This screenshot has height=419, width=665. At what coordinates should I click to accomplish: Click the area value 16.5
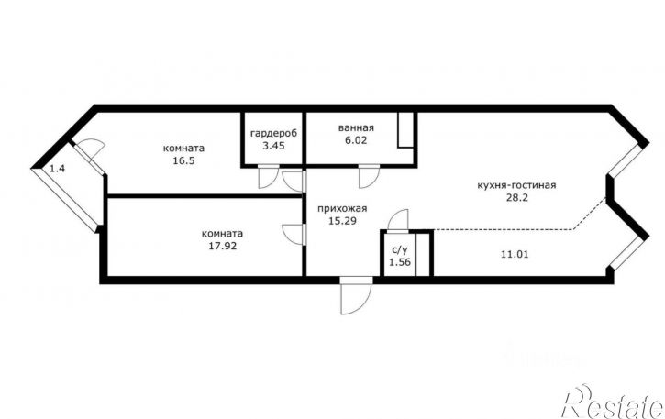point(183,160)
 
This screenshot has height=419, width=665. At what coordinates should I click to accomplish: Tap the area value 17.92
point(223,246)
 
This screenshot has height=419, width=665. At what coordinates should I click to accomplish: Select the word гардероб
point(273,134)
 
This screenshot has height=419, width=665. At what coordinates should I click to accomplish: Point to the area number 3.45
point(273,146)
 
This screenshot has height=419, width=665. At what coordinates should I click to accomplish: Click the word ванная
point(356,127)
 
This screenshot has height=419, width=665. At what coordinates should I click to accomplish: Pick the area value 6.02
point(356,140)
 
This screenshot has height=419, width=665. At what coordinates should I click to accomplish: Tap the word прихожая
point(342,209)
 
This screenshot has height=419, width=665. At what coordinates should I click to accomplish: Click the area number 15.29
point(342,221)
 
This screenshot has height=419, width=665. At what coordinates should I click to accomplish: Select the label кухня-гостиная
point(516,185)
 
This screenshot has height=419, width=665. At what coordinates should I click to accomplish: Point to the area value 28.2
point(517,198)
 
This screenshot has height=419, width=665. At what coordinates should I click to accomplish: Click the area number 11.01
point(515,255)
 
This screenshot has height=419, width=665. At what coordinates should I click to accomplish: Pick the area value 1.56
point(400,262)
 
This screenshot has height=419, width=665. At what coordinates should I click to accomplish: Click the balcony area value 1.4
point(57,169)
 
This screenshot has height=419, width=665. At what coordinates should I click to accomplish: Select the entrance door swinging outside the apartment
point(356,296)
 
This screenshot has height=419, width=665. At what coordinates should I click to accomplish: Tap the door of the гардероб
point(269,176)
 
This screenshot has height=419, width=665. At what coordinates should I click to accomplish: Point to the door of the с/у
point(398,221)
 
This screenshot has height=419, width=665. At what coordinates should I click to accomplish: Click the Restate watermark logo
point(613,402)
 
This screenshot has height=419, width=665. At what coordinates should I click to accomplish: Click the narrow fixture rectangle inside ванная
point(405,130)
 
